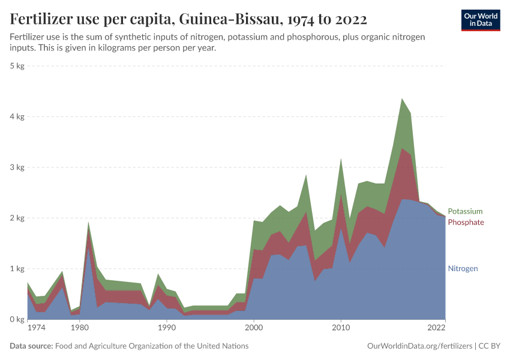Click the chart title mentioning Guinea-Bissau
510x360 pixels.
(188, 19)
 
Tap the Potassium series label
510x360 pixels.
(465, 211)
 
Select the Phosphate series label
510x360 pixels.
(466, 223)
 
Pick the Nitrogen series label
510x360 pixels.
(463, 269)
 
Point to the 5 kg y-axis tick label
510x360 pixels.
(17, 66)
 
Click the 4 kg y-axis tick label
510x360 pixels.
(17, 117)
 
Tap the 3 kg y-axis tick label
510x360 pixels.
(17, 167)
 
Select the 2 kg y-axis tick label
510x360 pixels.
(17, 218)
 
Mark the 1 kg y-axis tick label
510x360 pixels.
(17, 269)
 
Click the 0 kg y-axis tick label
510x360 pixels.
(17, 320)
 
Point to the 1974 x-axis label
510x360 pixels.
(35, 329)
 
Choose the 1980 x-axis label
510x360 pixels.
(79, 329)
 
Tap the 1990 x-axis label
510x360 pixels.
(167, 329)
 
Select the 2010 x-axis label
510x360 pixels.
(341, 329)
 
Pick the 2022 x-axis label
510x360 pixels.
(437, 329)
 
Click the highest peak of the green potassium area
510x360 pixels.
(402, 100)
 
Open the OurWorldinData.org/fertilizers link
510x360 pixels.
(419, 346)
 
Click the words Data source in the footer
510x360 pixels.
(31, 346)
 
